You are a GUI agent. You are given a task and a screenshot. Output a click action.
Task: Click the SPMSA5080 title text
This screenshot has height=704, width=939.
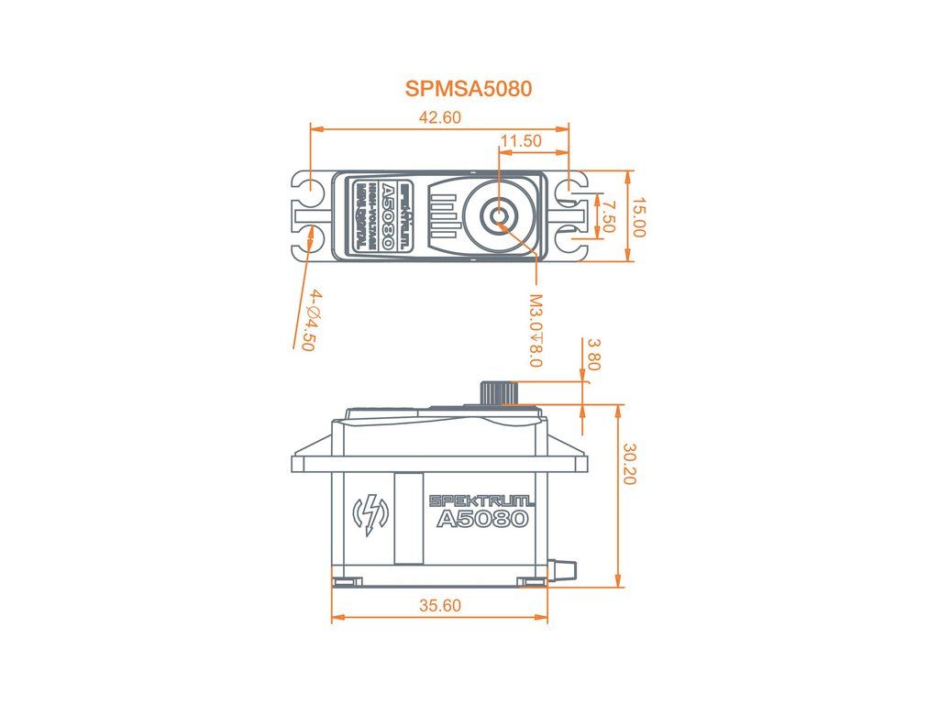click(x=469, y=89)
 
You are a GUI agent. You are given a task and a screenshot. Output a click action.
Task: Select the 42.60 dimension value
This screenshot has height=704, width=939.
click(x=439, y=117)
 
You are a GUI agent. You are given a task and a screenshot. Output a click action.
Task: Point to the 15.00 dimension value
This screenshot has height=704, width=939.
click(x=639, y=217)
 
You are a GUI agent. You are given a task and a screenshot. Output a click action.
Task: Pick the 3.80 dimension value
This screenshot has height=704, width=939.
click(x=593, y=355)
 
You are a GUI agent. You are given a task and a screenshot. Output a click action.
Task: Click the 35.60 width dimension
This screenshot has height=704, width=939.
click(x=439, y=605)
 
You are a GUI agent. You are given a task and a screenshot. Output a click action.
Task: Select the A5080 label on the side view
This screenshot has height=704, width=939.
click(x=482, y=519)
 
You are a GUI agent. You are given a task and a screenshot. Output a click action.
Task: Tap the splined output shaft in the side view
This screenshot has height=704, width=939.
click(x=498, y=391)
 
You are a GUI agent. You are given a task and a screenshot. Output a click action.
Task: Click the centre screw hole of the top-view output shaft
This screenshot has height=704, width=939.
click(x=500, y=216)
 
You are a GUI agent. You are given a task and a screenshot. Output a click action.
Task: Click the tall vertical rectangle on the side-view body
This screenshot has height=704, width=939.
click(x=407, y=518)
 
